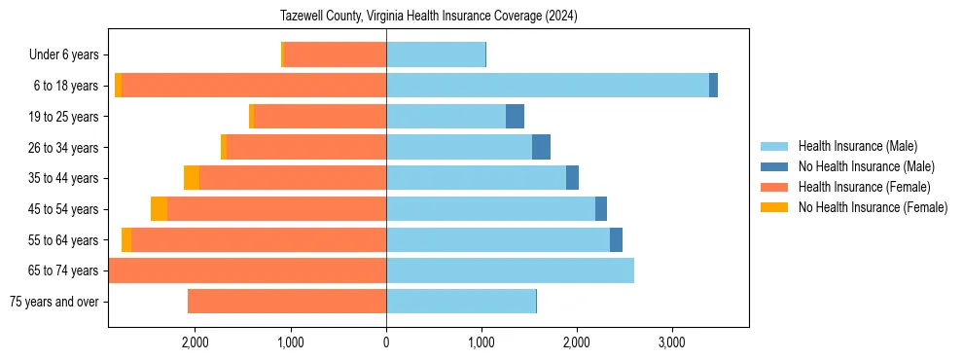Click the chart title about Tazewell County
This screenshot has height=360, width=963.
coord(429,17)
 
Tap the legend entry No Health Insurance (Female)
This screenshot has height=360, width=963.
coord(873,207)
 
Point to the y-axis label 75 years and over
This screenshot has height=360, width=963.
coord(53,302)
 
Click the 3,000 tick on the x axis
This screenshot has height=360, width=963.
coord(671,342)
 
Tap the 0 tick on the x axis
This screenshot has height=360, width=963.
coord(386,342)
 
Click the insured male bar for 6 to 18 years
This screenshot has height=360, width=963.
coord(548,86)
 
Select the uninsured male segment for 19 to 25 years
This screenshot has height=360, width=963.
coord(516,117)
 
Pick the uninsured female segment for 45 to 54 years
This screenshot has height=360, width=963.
coord(159,209)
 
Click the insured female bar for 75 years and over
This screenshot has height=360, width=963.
coord(287,302)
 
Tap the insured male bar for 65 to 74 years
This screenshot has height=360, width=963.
coord(510,270)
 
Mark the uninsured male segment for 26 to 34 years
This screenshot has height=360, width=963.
coord(542,147)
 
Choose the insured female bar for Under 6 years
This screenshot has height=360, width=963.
coord(336,54)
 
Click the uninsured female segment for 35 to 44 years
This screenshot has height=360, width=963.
coord(192,178)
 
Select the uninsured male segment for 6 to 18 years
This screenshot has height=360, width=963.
coord(713,86)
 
